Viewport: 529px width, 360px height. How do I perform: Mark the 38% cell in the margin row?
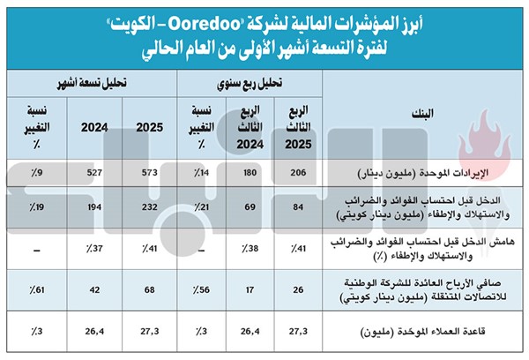[250, 249]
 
